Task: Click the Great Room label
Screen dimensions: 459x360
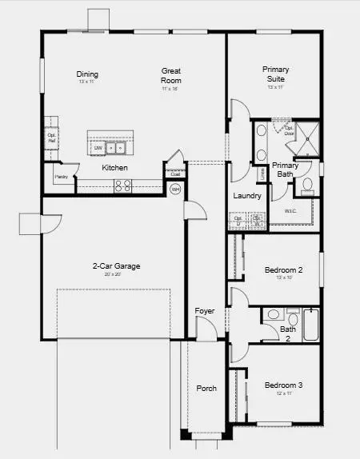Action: point(171,75)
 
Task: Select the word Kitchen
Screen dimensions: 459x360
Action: point(115,168)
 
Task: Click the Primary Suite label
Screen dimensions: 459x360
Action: point(276,74)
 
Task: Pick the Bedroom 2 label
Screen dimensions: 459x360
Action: point(283,270)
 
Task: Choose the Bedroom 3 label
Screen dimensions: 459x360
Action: point(284,385)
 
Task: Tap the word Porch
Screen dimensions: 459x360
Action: point(206,389)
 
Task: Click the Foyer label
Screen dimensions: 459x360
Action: point(205,311)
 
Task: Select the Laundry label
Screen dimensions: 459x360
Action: point(247,196)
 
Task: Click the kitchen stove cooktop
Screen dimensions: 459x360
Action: point(123,185)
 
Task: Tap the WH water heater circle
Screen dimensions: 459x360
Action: point(175,190)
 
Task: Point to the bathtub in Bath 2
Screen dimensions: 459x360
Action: point(313,324)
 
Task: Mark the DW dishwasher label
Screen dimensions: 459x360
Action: point(98,148)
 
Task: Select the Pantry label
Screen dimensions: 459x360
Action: point(60,177)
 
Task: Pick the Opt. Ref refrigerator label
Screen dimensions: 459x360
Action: point(51,136)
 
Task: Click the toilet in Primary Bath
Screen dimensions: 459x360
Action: point(308,186)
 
